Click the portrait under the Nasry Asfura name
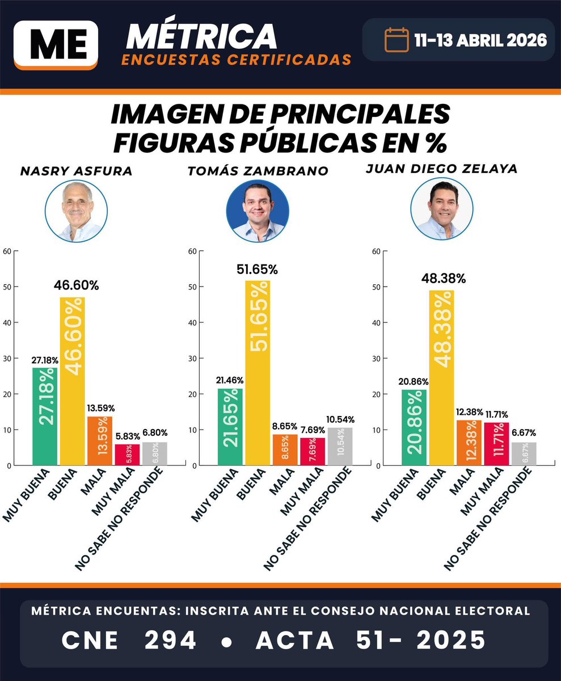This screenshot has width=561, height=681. pyautogui.click(x=76, y=211)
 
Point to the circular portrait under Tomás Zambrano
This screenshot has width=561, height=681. pyautogui.click(x=258, y=211)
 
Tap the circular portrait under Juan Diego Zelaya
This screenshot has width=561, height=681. pyautogui.click(x=441, y=211)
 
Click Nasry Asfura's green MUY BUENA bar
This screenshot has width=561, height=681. pyautogui.click(x=45, y=417)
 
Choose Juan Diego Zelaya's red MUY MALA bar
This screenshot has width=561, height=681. pyautogui.click(x=496, y=444)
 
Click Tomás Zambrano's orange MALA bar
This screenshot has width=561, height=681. pyautogui.click(x=285, y=450)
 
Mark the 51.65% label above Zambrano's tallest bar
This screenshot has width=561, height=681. pyautogui.click(x=257, y=270)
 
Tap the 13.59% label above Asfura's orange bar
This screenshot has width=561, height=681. pyautogui.click(x=100, y=407)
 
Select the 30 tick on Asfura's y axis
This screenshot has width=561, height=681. pyautogui.click(x=7, y=358)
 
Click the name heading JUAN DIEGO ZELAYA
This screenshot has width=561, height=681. pyautogui.click(x=441, y=169)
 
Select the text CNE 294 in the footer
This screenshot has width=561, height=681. pyautogui.click(x=129, y=640)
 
